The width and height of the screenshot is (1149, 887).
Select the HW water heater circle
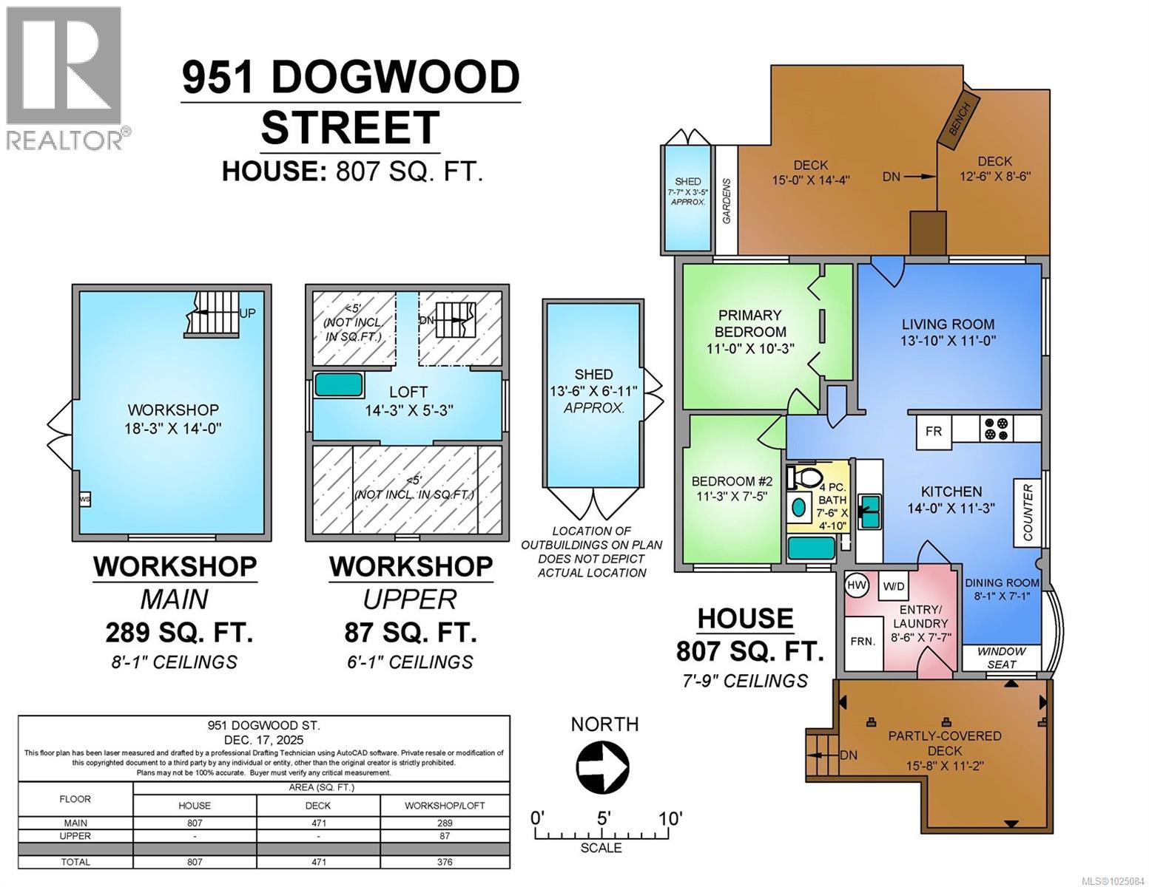pos(857,585)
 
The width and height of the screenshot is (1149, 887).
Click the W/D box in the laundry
pos(894,587)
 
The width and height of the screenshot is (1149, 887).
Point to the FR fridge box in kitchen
pos(934,431)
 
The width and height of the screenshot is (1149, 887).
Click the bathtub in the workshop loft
pos(340,386)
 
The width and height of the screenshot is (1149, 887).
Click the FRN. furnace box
pos(863,642)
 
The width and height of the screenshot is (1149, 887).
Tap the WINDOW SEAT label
pos(1002,658)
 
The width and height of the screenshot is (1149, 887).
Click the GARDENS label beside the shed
pos(727,200)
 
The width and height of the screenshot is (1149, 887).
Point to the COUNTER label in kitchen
pos(1028,513)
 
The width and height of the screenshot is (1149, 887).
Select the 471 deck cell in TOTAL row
pos(318,862)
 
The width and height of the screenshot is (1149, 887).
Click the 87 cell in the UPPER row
pos(445,836)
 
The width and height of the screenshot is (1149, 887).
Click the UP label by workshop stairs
pos(248,313)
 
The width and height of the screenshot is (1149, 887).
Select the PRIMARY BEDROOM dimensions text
pos(750,348)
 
